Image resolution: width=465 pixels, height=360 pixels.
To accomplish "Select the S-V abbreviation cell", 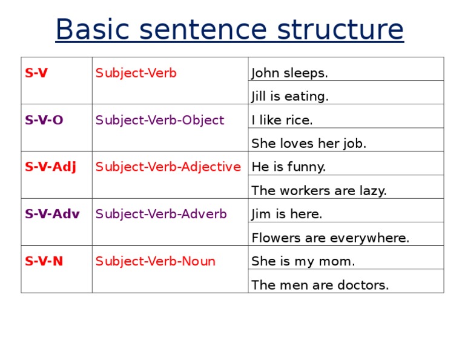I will coord(36,73).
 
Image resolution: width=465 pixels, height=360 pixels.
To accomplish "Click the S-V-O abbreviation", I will coord(44,120).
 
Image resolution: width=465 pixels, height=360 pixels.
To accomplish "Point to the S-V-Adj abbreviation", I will coord(50,167).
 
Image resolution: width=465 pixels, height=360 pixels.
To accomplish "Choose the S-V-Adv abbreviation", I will coord(52,214).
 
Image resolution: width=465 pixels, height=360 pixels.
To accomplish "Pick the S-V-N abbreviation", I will coord(44,261).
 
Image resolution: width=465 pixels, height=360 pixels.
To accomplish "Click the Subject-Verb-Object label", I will coord(160,120).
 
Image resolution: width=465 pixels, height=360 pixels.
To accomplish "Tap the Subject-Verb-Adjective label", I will coord(168,167).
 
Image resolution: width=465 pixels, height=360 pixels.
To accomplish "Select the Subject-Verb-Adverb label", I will coord(161,214).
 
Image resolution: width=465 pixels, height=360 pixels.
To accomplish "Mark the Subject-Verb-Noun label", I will coord(156,261).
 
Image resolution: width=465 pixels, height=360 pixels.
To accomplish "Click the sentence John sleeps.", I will coord(289,73).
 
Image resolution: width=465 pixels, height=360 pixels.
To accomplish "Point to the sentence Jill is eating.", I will coord(290,96).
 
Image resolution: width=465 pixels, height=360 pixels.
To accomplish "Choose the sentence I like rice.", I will coord(282,120).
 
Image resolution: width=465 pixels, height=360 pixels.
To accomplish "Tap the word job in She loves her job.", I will coord(355,144).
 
